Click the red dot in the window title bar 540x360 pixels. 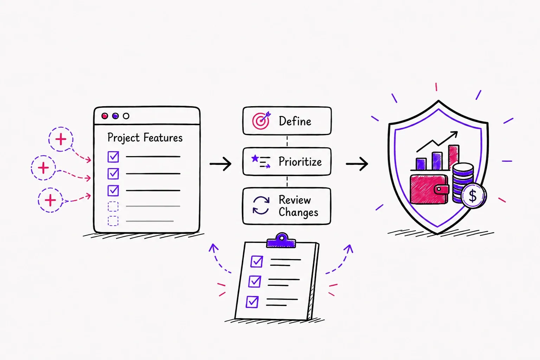click(x=105, y=116)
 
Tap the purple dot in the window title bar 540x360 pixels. click(x=115, y=116)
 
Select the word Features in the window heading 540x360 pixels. click(x=163, y=138)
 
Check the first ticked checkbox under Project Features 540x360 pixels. click(x=113, y=157)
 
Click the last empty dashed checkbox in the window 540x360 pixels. click(x=113, y=221)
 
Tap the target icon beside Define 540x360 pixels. click(x=261, y=121)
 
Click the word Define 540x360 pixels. click(x=295, y=121)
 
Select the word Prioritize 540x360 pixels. click(x=300, y=162)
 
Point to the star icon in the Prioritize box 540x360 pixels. click(x=255, y=159)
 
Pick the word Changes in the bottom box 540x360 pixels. click(x=298, y=212)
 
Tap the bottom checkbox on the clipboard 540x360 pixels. click(x=252, y=302)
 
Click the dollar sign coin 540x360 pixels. click(x=473, y=195)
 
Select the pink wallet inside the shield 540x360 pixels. click(x=430, y=189)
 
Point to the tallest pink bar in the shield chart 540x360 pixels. click(x=454, y=157)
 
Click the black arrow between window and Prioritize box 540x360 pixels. click(x=220, y=164)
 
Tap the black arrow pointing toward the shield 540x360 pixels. click(x=357, y=164)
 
